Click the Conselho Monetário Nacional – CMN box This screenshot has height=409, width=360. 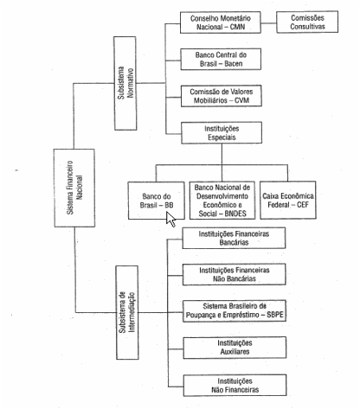(x=221, y=22)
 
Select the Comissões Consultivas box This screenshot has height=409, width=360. (x=307, y=22)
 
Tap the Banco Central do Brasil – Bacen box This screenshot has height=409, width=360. (x=221, y=59)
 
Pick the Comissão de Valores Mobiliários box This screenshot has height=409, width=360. (x=222, y=96)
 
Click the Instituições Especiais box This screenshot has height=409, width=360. (x=222, y=133)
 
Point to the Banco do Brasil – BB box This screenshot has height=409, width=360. (x=157, y=201)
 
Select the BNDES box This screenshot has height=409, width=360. (x=222, y=201)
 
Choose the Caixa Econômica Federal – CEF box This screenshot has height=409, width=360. (x=288, y=200)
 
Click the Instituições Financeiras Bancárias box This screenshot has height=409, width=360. (x=234, y=238)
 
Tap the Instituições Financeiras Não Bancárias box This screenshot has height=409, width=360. (x=235, y=274)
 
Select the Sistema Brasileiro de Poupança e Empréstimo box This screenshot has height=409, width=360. (x=235, y=311)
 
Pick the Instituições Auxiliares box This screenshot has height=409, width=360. (x=235, y=348)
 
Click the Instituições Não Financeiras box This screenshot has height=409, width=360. (x=235, y=386)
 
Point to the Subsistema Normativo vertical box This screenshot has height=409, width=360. (x=125, y=83)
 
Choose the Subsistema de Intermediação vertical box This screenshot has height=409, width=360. (x=127, y=313)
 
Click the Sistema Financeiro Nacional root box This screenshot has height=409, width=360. (x=74, y=188)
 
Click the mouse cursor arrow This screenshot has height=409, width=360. (x=170, y=220)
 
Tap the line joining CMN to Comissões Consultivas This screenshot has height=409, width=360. (x=269, y=22)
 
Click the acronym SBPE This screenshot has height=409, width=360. (x=275, y=315)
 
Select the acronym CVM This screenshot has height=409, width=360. (x=241, y=100)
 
